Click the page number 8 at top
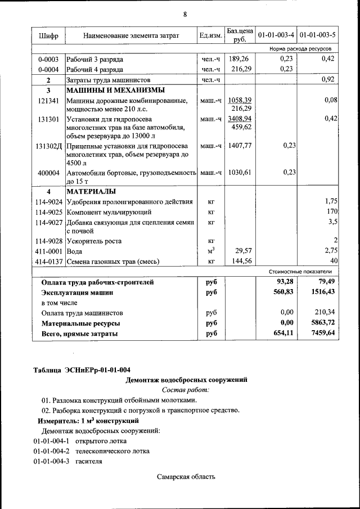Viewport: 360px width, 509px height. point(184,13)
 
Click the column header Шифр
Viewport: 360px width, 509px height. point(48,36)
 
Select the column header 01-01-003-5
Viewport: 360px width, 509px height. point(318,36)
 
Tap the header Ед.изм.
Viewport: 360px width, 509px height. point(210,36)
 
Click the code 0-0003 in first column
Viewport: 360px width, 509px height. point(48,59)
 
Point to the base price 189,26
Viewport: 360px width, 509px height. point(240,58)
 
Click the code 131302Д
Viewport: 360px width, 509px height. point(49,146)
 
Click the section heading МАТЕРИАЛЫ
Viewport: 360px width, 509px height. point(92,191)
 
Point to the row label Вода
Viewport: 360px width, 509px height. point(74,251)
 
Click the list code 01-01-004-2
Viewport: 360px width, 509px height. point(51,452)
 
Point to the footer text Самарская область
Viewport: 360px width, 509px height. point(186,477)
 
